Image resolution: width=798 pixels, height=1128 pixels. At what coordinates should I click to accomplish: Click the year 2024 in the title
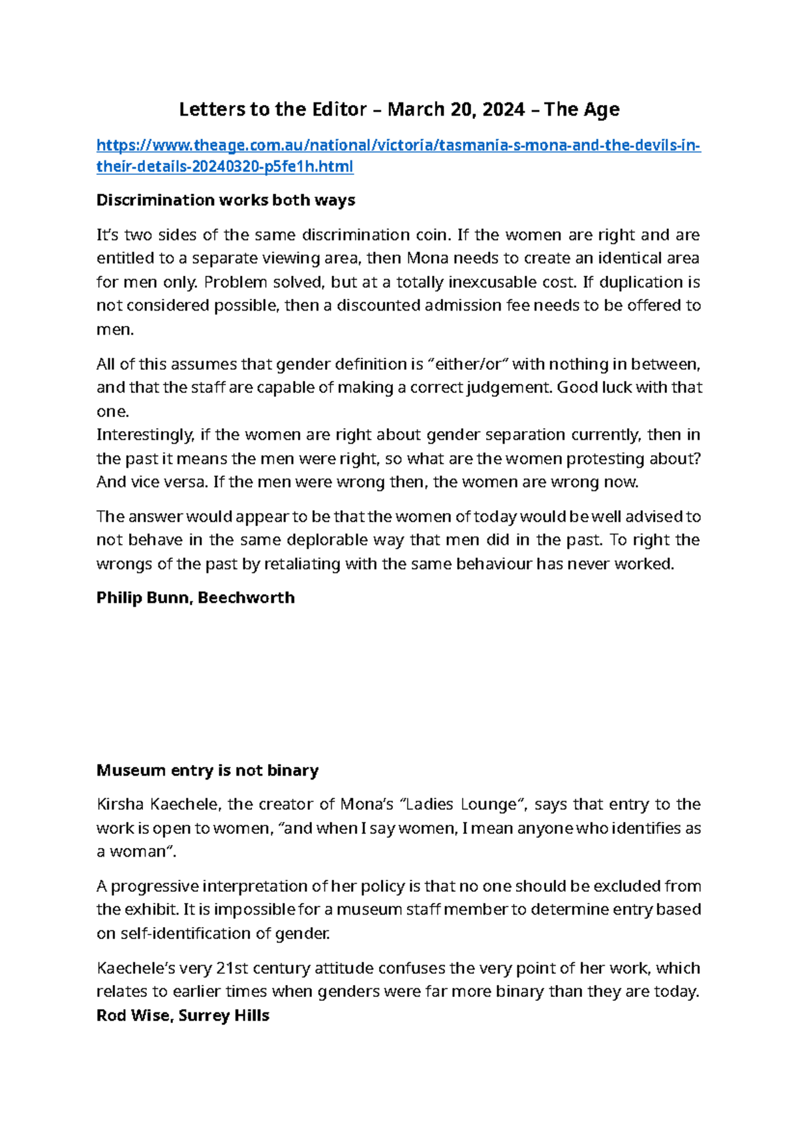click(503, 109)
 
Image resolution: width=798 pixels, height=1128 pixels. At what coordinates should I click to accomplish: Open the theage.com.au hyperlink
click(398, 146)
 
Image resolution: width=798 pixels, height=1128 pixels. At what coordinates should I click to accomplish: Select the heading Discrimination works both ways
click(225, 200)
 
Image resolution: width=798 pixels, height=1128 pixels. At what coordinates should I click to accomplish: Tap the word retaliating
click(308, 564)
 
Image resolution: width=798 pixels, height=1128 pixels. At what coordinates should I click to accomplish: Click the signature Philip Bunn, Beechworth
click(196, 597)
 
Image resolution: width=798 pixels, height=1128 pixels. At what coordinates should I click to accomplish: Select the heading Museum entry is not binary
click(207, 770)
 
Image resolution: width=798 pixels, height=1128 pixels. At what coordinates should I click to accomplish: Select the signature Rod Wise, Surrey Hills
click(183, 1016)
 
